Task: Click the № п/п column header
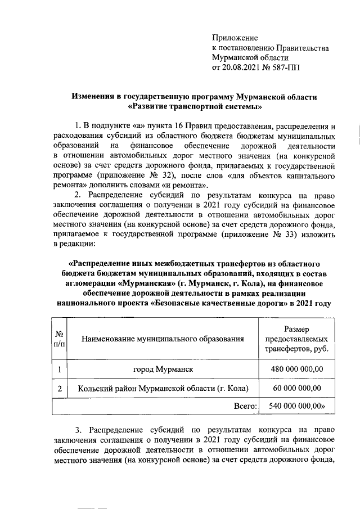coord(58,339)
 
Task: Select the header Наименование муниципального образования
coord(163,339)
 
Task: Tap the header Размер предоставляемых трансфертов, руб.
coord(296,339)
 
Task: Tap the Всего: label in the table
coord(245,406)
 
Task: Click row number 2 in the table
coord(59,388)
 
